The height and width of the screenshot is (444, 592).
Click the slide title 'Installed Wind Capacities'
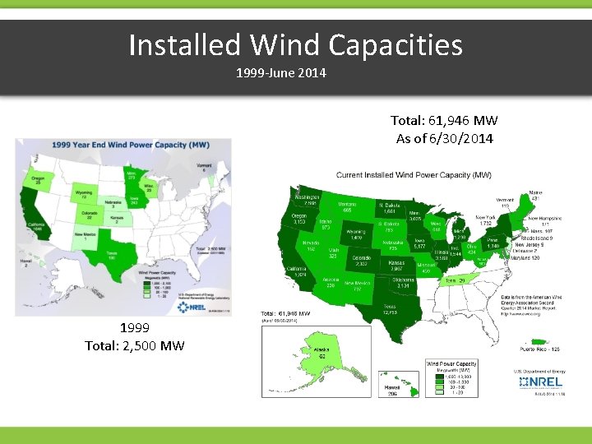click(295, 45)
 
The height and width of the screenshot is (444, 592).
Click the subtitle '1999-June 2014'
click(281, 73)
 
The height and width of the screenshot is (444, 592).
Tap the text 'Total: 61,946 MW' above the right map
click(444, 122)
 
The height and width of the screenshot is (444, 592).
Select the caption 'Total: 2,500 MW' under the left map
click(134, 345)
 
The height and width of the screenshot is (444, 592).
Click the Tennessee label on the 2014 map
click(454, 281)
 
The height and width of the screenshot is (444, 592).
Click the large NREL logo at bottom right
click(534, 383)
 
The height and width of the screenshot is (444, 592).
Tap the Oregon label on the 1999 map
click(38, 180)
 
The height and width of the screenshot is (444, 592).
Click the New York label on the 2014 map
click(485, 220)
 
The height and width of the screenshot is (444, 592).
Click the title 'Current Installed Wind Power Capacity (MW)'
click(414, 175)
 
